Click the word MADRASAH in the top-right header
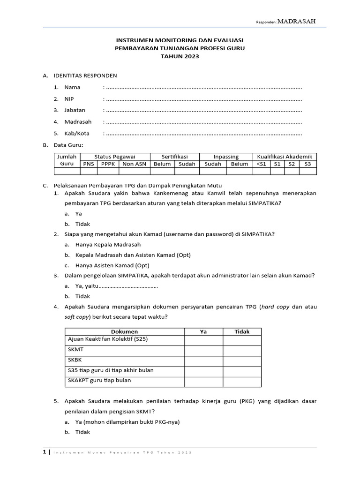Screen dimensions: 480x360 tap(296, 21)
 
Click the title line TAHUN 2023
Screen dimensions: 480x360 tap(180, 56)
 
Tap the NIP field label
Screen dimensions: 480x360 tap(69, 99)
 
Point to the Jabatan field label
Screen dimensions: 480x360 tap(75, 110)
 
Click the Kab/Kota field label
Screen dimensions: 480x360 tap(77, 133)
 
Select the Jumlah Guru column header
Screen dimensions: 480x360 tap(67, 160)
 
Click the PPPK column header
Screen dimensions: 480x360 tap(108, 164)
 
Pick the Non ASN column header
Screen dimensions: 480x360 tap(134, 164)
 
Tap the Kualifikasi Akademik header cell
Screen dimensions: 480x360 tap(285, 157)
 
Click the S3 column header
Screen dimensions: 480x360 tap(307, 164)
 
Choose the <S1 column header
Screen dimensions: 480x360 tap(261, 164)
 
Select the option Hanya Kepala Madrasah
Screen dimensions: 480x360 tap(108, 244)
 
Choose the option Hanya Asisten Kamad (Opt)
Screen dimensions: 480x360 tap(109, 265)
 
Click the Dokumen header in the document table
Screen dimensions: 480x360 tap(124, 331)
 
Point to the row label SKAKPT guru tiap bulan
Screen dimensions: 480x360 tap(99, 380)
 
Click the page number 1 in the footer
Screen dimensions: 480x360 tap(45, 452)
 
